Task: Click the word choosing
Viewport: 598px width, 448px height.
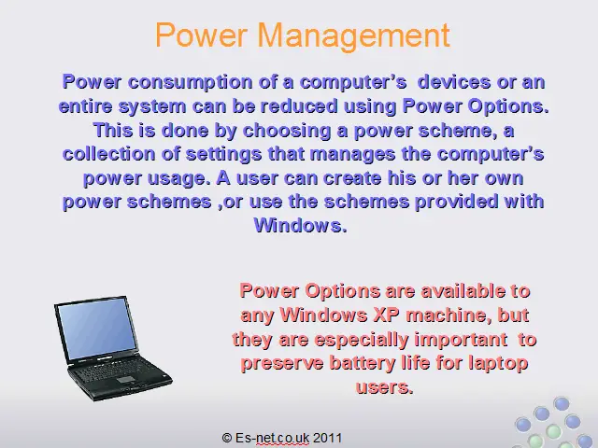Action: click(287, 131)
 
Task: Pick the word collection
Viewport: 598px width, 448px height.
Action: click(109, 154)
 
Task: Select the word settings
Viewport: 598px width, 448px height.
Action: click(223, 155)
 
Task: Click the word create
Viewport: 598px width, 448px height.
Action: click(352, 178)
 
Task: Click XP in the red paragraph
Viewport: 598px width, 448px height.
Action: click(386, 315)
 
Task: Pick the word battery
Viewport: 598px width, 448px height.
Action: click(363, 363)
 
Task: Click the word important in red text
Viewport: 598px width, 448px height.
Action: click(461, 340)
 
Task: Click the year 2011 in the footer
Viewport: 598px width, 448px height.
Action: click(327, 438)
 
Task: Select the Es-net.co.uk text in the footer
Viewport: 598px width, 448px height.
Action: click(272, 438)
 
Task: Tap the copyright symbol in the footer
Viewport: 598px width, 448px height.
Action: click(227, 438)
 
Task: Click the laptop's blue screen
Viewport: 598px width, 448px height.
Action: click(97, 328)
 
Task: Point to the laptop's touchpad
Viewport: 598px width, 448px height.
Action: click(125, 380)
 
